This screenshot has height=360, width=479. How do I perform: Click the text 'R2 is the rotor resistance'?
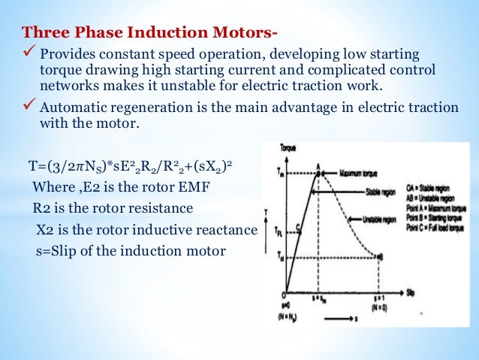point(113,207)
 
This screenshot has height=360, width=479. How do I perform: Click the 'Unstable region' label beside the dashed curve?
point(378,221)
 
